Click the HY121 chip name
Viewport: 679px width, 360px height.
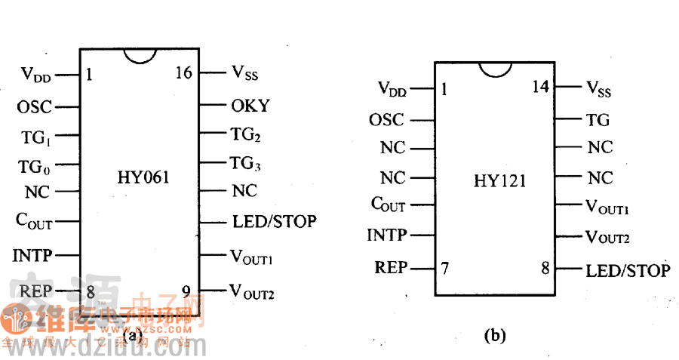499,181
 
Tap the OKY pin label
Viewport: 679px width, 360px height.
250,106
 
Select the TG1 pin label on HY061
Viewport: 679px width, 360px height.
36,138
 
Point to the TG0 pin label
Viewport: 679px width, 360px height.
35,166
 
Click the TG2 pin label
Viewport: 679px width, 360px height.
246,136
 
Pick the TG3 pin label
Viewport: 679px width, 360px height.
246,162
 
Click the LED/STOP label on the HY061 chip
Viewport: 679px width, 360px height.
274,222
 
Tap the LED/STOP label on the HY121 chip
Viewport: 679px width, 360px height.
627,270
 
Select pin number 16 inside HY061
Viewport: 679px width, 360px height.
183,73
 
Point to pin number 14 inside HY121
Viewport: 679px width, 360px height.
539,87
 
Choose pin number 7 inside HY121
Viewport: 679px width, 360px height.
444,268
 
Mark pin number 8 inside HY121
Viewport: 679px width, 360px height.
544,269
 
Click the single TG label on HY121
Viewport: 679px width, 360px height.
598,119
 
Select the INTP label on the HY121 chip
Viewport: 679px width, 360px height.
387,235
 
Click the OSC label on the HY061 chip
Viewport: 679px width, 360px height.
35,106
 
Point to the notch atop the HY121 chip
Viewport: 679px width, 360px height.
495,69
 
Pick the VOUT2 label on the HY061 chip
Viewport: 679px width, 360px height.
252,290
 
